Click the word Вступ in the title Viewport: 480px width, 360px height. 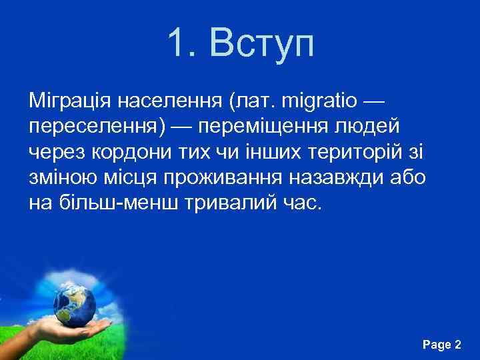[261, 45]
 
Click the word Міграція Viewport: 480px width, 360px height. [70, 102]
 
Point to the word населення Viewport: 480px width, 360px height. [170, 102]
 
